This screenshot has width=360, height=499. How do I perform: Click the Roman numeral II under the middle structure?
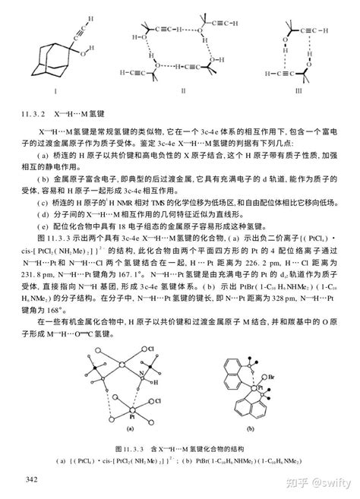click(183, 90)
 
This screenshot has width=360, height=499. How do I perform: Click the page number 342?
click(32, 478)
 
